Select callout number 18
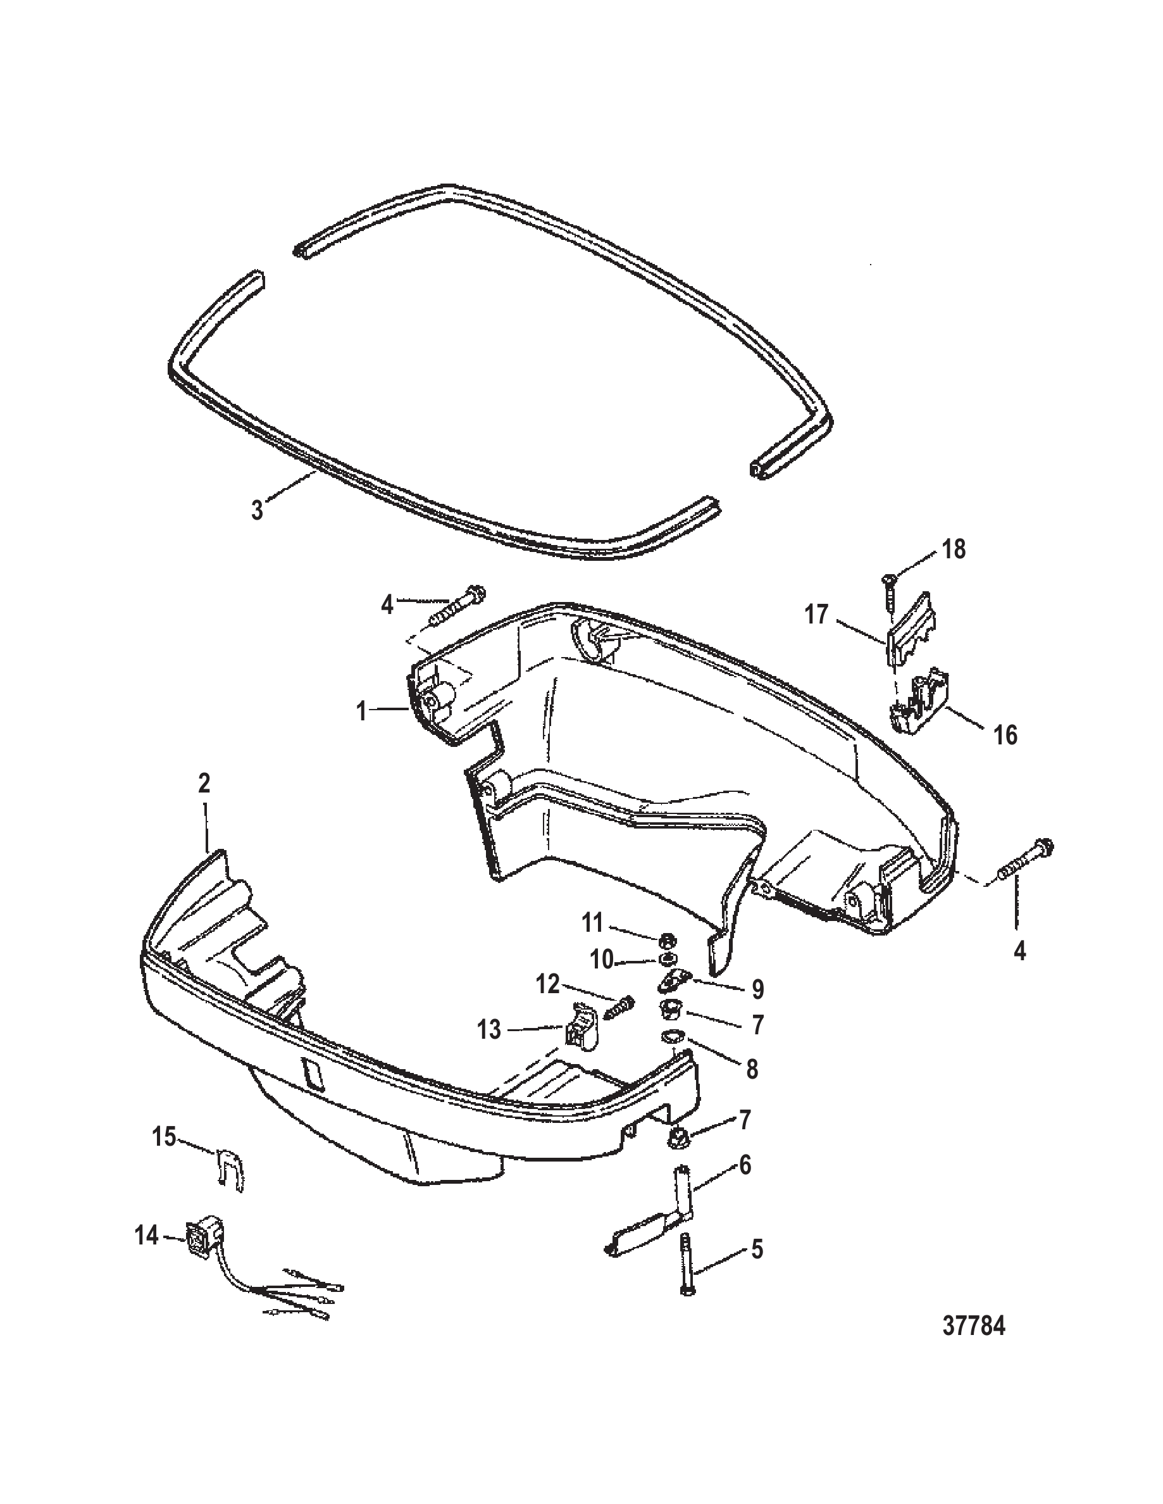pos(953,549)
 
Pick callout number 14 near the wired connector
pos(147,1236)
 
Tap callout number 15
pos(164,1136)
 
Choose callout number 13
pos(489,1049)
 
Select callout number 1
pos(361,711)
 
